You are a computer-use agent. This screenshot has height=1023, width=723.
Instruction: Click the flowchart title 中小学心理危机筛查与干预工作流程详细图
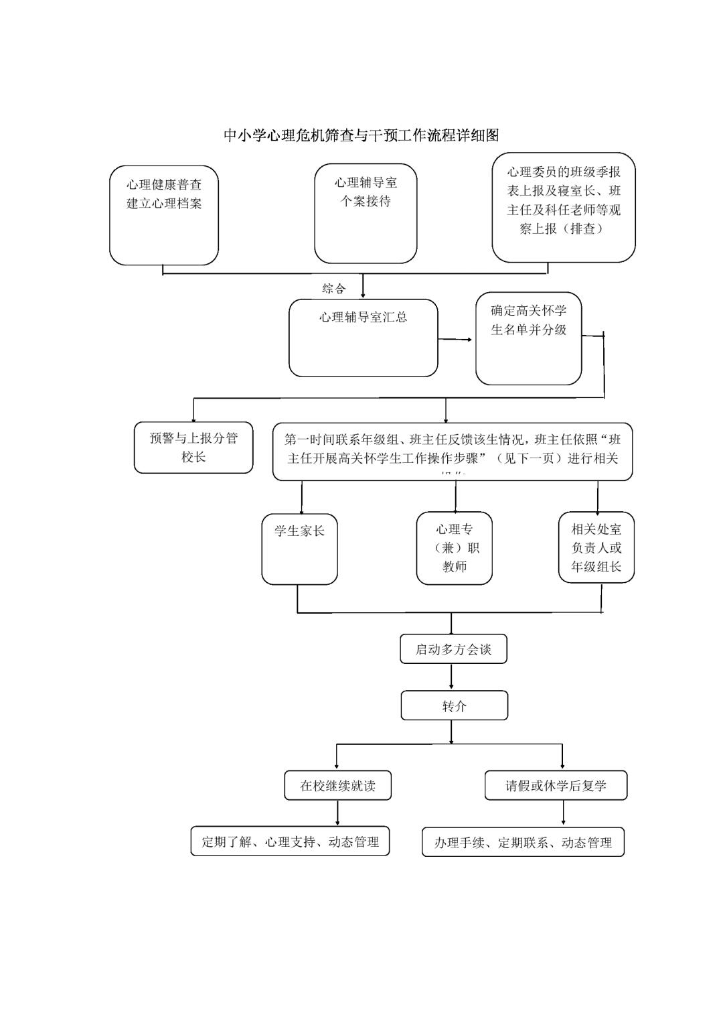[x=361, y=135]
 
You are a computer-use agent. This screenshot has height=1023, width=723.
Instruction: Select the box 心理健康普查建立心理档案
[x=164, y=215]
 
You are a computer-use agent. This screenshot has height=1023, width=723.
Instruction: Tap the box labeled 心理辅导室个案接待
[x=366, y=212]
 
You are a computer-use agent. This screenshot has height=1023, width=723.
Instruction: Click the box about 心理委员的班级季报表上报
[x=563, y=206]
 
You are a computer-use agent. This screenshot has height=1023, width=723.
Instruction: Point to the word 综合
[x=334, y=289]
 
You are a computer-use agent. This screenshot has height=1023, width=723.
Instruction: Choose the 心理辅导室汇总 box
[x=363, y=338]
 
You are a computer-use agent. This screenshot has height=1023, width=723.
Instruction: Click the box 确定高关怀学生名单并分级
[x=528, y=338]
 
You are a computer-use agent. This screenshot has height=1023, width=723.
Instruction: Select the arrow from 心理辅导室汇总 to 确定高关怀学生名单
[x=456, y=340]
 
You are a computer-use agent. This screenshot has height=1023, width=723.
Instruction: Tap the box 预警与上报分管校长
[x=193, y=448]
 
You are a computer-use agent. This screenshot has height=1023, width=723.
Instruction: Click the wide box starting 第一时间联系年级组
[x=452, y=451]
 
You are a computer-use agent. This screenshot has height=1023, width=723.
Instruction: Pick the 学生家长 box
[x=299, y=548]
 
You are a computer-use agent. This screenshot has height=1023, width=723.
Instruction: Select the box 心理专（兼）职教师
[x=454, y=548]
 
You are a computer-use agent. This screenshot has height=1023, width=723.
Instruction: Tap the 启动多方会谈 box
[x=453, y=649]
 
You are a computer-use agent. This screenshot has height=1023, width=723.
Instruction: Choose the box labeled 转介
[x=454, y=706]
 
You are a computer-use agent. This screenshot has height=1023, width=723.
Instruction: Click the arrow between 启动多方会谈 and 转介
[x=452, y=677]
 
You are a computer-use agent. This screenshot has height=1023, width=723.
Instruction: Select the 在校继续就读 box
[x=337, y=786]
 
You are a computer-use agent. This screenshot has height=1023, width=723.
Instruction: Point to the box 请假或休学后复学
[x=556, y=786]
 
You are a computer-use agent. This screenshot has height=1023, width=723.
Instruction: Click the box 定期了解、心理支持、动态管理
[x=290, y=841]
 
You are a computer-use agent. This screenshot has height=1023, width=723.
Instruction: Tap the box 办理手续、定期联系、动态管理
[x=523, y=842]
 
